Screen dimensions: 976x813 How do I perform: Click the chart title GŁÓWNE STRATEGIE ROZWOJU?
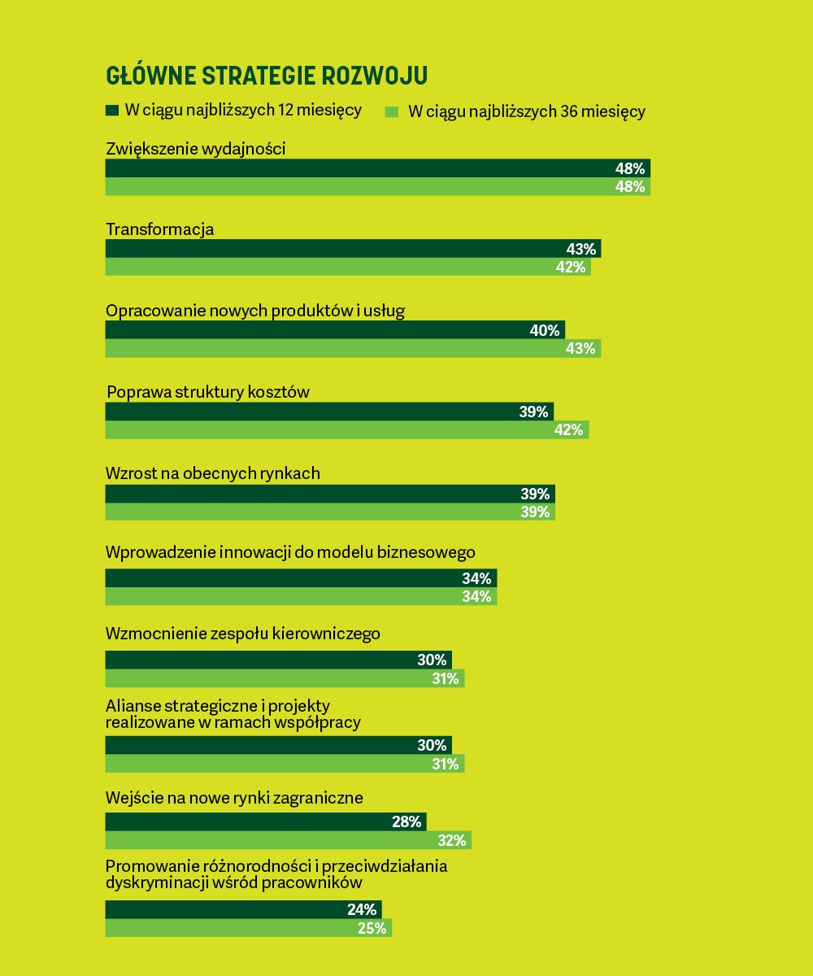(x=267, y=76)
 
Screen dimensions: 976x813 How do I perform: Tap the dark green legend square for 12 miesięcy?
(x=112, y=110)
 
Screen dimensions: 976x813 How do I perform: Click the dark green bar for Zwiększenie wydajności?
(x=358, y=168)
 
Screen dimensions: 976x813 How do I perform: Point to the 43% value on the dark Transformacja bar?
(x=581, y=249)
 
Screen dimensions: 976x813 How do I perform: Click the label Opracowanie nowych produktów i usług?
(x=255, y=311)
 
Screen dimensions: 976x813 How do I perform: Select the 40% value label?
(x=545, y=330)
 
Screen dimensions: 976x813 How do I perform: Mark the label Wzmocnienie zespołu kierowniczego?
(x=243, y=633)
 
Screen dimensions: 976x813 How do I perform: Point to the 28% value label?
(x=406, y=821)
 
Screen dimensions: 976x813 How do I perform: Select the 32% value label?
(x=451, y=840)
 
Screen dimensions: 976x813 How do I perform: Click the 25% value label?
(x=372, y=927)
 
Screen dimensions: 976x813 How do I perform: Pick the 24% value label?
(x=362, y=909)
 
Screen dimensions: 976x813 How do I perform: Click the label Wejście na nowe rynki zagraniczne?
(x=234, y=798)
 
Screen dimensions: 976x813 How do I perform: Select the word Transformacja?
(x=160, y=229)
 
